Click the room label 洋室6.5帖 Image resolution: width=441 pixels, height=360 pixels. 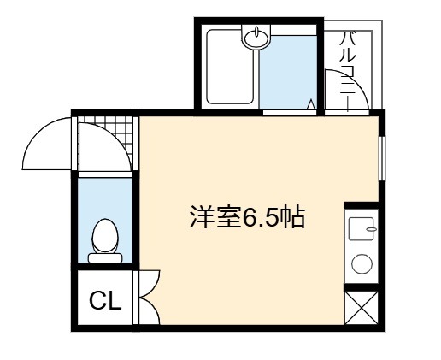[x=247, y=217]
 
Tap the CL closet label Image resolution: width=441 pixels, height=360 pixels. [x=105, y=300]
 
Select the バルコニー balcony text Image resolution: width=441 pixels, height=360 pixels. [x=348, y=71]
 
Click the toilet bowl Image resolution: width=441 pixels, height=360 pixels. [x=105, y=236]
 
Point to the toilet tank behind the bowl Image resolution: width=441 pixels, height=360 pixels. [x=105, y=258]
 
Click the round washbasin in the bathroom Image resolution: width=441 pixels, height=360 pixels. [x=256, y=37]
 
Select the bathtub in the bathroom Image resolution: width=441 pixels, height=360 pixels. [x=230, y=67]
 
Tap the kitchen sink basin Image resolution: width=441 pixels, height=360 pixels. [x=362, y=228]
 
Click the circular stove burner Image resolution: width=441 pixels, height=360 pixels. [x=362, y=264]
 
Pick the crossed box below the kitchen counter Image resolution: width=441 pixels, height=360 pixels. [x=362, y=308]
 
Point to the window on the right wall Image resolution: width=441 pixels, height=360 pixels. [x=382, y=158]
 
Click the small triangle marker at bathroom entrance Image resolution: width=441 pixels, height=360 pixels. [x=312, y=104]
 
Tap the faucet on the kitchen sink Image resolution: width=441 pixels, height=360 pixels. [x=371, y=229]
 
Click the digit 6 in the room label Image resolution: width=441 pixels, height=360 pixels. [x=248, y=218]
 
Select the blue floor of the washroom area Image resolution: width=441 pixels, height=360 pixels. [x=288, y=73]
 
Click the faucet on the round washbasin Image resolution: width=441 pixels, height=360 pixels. [x=256, y=32]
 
